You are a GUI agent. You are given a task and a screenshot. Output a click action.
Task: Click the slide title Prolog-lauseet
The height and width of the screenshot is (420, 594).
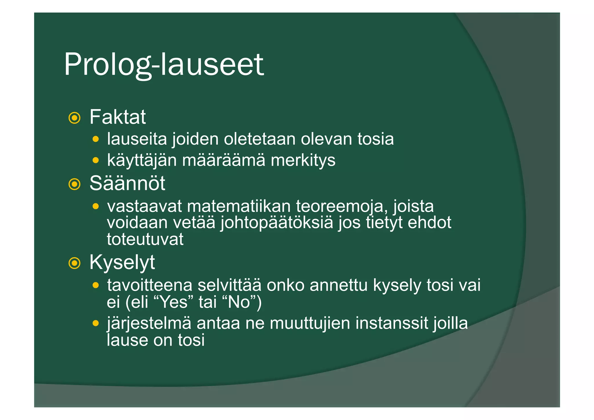164,64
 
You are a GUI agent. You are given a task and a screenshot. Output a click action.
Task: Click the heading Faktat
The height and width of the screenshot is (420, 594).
117,117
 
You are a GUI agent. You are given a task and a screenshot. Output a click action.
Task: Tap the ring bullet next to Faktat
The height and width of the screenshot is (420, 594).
75,118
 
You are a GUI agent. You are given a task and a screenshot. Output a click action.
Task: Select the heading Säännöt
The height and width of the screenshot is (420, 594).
127,183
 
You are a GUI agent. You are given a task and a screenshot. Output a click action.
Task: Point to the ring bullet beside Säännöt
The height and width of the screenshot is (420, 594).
75,184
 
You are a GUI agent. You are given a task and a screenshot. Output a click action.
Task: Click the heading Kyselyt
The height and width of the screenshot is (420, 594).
122,262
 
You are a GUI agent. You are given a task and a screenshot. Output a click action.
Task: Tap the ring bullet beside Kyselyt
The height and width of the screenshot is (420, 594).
75,263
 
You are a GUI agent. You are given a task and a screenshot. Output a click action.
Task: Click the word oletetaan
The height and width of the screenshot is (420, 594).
260,139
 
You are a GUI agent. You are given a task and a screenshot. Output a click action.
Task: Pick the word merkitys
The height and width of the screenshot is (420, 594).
303,161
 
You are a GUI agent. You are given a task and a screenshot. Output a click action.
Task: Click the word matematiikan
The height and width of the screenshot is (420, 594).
239,206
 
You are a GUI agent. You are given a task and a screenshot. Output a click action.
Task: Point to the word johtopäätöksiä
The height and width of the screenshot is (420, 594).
277,223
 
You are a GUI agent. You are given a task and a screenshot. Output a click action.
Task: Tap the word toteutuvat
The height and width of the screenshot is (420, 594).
145,239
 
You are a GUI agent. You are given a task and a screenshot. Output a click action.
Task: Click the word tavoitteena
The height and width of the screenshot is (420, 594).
150,285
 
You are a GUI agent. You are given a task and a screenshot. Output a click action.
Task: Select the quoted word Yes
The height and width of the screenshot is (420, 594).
174,302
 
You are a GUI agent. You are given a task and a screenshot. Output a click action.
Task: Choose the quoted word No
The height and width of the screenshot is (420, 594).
240,302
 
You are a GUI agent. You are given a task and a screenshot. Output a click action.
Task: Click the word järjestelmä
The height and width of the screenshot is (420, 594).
149,323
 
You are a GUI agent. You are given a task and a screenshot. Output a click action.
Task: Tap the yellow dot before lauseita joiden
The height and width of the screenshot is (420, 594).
96,139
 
